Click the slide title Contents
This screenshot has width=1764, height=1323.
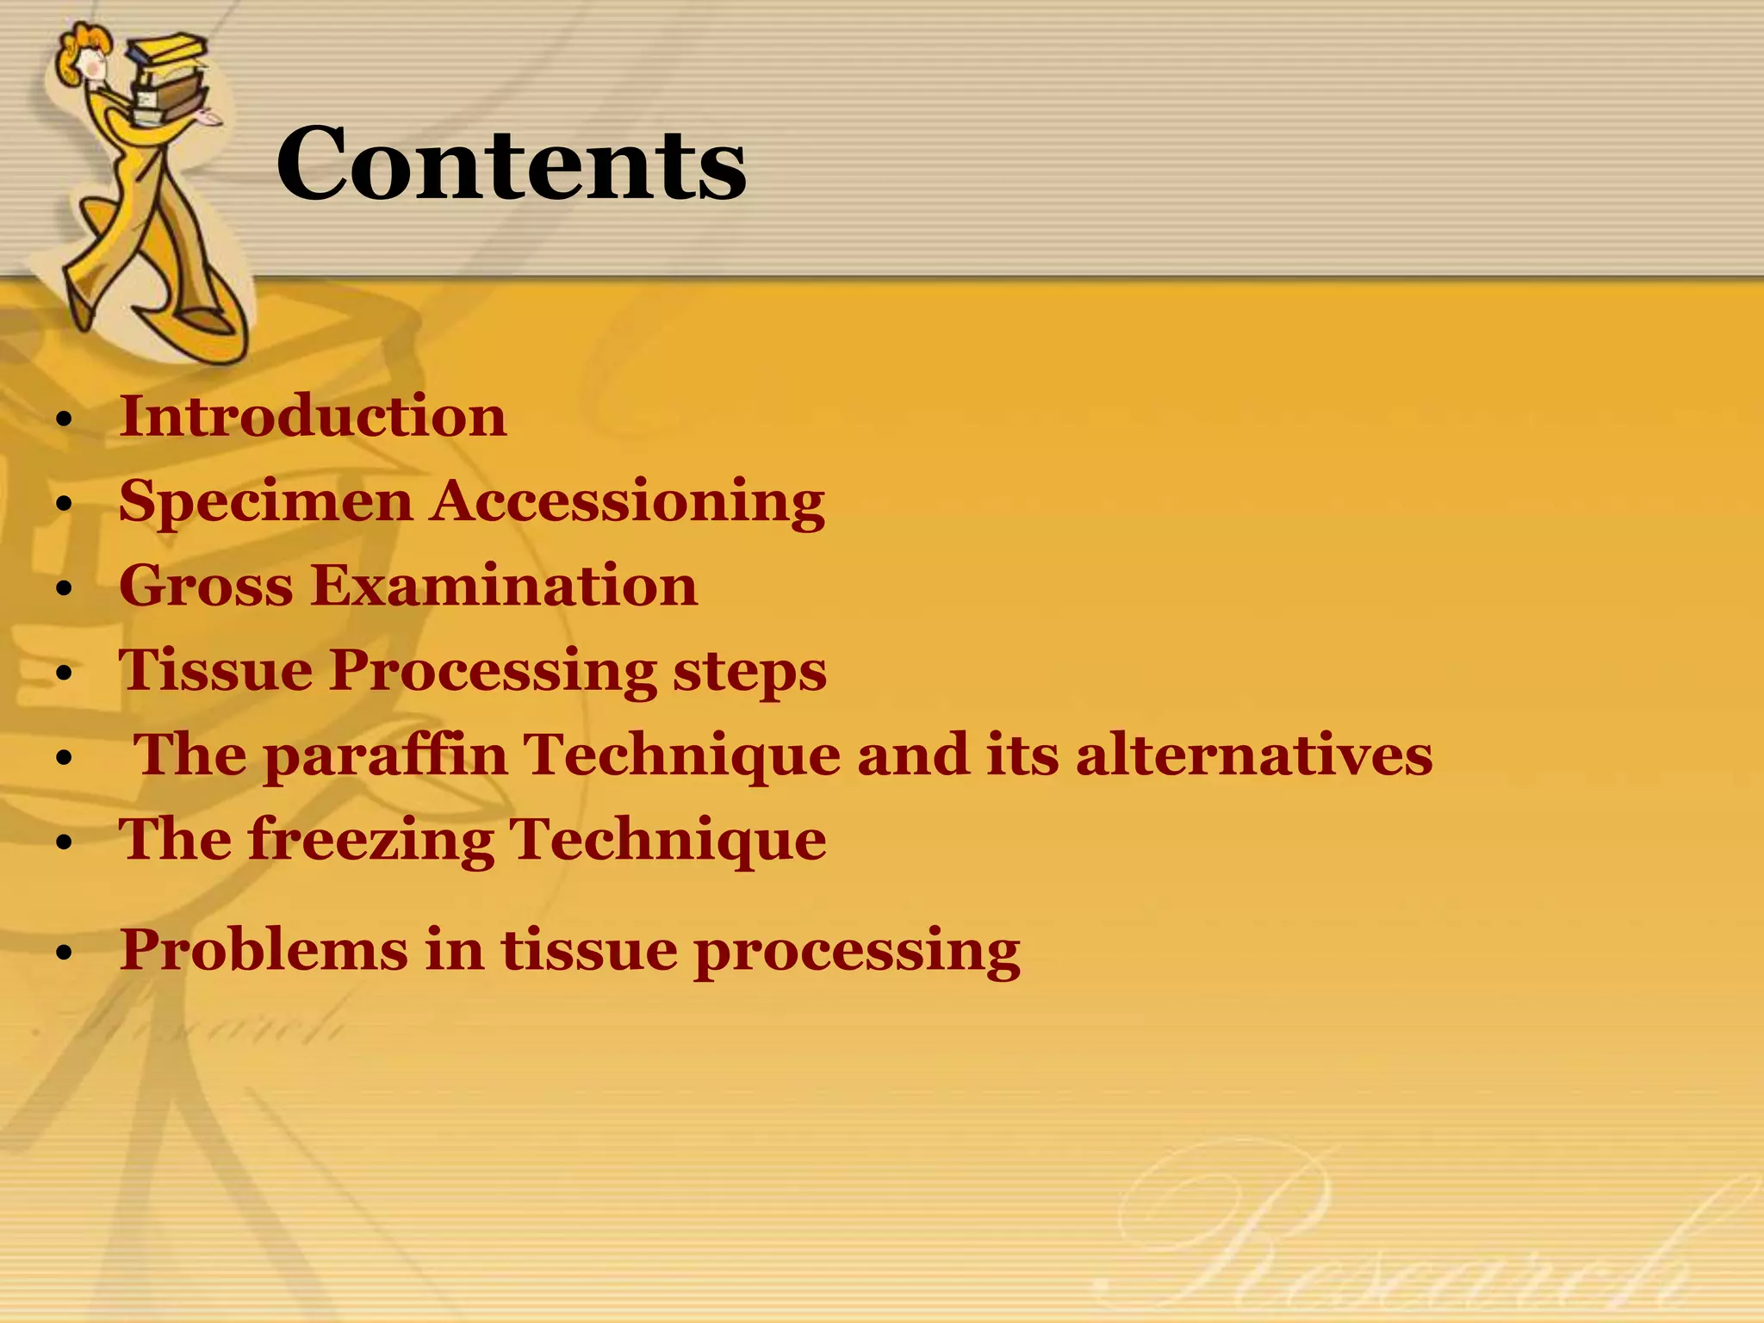[511, 164]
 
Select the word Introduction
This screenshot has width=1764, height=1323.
[313, 416]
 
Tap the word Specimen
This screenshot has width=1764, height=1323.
[266, 502]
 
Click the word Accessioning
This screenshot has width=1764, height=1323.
[628, 502]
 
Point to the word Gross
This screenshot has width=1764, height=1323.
[207, 586]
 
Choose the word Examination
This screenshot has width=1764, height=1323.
[504, 586]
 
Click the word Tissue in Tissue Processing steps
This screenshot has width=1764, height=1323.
[215, 669]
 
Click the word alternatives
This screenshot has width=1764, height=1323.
[1254, 755]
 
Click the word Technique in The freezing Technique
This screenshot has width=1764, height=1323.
[668, 840]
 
